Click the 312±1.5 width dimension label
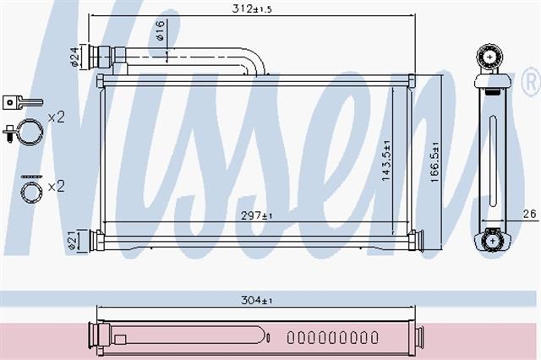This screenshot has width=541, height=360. [x=252, y=8]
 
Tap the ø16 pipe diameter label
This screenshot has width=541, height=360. [x=161, y=30]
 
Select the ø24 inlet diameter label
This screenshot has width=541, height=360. [x=74, y=57]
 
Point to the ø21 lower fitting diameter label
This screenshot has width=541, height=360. [x=72, y=240]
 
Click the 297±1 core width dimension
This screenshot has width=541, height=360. [x=257, y=215]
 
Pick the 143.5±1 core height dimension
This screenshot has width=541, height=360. [x=386, y=161]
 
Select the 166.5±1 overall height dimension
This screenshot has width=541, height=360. [x=434, y=162]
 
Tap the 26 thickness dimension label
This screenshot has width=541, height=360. [x=530, y=214]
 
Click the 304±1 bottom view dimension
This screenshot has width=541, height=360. [x=257, y=300]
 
